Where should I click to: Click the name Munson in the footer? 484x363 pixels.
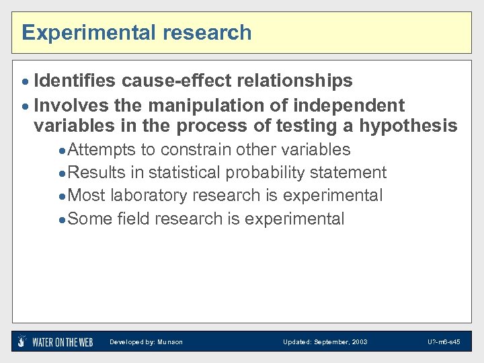click(x=170, y=342)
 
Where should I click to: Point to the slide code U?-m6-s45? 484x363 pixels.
click(x=444, y=342)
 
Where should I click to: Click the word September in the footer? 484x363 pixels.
click(x=330, y=342)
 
